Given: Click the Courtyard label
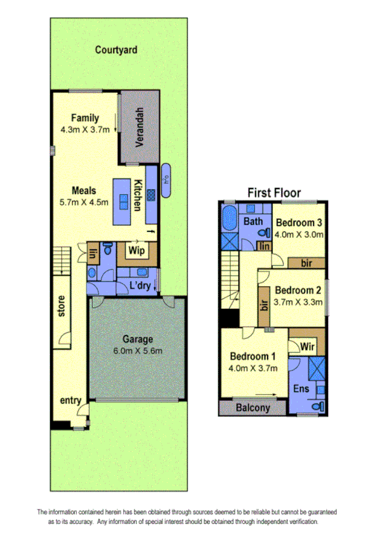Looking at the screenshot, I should coord(116,49).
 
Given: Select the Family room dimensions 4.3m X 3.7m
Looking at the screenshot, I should coord(85,130).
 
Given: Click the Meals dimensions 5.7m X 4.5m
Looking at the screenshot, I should coord(85,203).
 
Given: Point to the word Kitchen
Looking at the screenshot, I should coord(137,195).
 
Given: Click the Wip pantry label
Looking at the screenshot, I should coord(138,251).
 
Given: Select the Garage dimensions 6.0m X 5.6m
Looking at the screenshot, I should coord(138,351).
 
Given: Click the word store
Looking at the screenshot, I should coord(62,313).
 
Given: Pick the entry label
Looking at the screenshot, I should coord(71,401).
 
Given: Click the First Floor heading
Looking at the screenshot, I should coord(273,192).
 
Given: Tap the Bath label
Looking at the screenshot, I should coord(254,222).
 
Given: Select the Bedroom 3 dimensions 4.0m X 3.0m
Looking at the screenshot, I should coord(299,234).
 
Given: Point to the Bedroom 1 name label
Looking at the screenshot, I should coord(253,355).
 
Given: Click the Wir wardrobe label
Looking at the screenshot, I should coord(308,346).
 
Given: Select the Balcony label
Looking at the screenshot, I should coord(252,408).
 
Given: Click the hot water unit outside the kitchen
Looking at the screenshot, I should coord(166,180).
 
